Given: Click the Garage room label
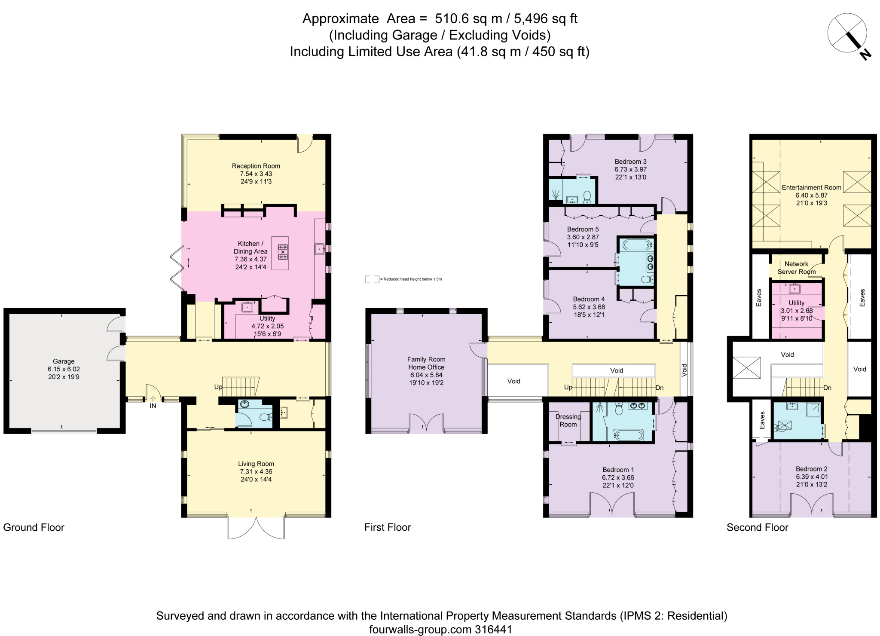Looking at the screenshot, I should click(x=64, y=361).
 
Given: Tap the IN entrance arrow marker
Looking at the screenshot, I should click(x=153, y=400).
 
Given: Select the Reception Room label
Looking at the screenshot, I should click(x=256, y=166).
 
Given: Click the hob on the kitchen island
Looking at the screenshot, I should click(x=283, y=252).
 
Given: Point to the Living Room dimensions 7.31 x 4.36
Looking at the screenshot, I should click(x=256, y=471).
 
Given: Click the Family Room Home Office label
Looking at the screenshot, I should click(x=426, y=363).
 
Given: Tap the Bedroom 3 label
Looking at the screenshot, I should click(x=630, y=162).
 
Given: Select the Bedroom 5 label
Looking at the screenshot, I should click(x=583, y=229).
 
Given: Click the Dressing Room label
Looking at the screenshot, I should click(x=568, y=420).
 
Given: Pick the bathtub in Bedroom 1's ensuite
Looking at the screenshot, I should click(x=628, y=434).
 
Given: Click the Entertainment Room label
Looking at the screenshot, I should click(x=811, y=187).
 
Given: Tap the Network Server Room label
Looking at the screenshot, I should click(x=796, y=268).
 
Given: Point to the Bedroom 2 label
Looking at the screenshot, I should click(x=811, y=469).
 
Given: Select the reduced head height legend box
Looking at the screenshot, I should click(x=372, y=279).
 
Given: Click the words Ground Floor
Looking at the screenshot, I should click(x=34, y=527).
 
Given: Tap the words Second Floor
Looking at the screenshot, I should click(x=757, y=527).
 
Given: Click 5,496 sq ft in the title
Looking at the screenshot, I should click(x=546, y=18).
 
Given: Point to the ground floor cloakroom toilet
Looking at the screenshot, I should click(x=266, y=416).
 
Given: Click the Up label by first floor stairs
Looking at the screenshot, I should click(x=568, y=387).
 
